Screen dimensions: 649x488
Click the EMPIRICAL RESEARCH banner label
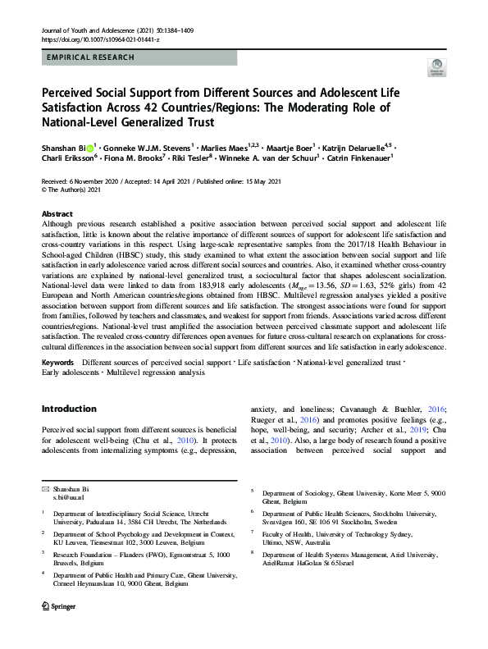[x=87, y=58]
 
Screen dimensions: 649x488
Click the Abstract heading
[x=57, y=212]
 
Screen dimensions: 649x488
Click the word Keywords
[x=58, y=362]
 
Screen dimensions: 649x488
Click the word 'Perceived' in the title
[x=72, y=92]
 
